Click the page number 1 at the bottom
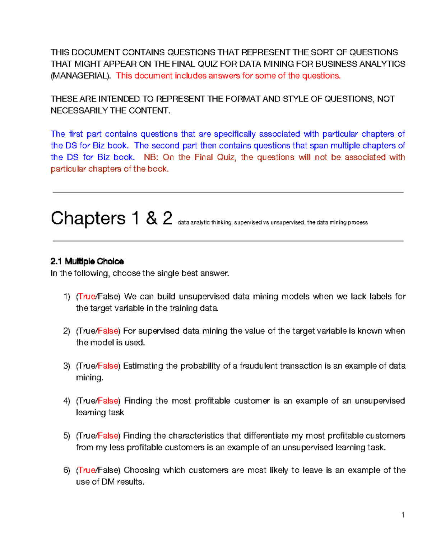click(x=403, y=515)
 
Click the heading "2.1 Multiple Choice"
click(x=87, y=261)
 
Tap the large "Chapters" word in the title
click(x=88, y=218)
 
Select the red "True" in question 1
click(x=87, y=297)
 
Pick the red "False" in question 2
click(x=108, y=331)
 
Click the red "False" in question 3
click(x=108, y=366)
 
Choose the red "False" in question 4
click(x=108, y=401)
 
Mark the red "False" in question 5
click(x=108, y=436)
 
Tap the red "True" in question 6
click(x=87, y=470)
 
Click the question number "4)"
click(x=67, y=401)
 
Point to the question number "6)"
click(x=67, y=470)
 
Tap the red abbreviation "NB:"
click(x=151, y=157)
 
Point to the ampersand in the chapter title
click(x=152, y=218)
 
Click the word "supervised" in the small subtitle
click(x=248, y=223)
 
